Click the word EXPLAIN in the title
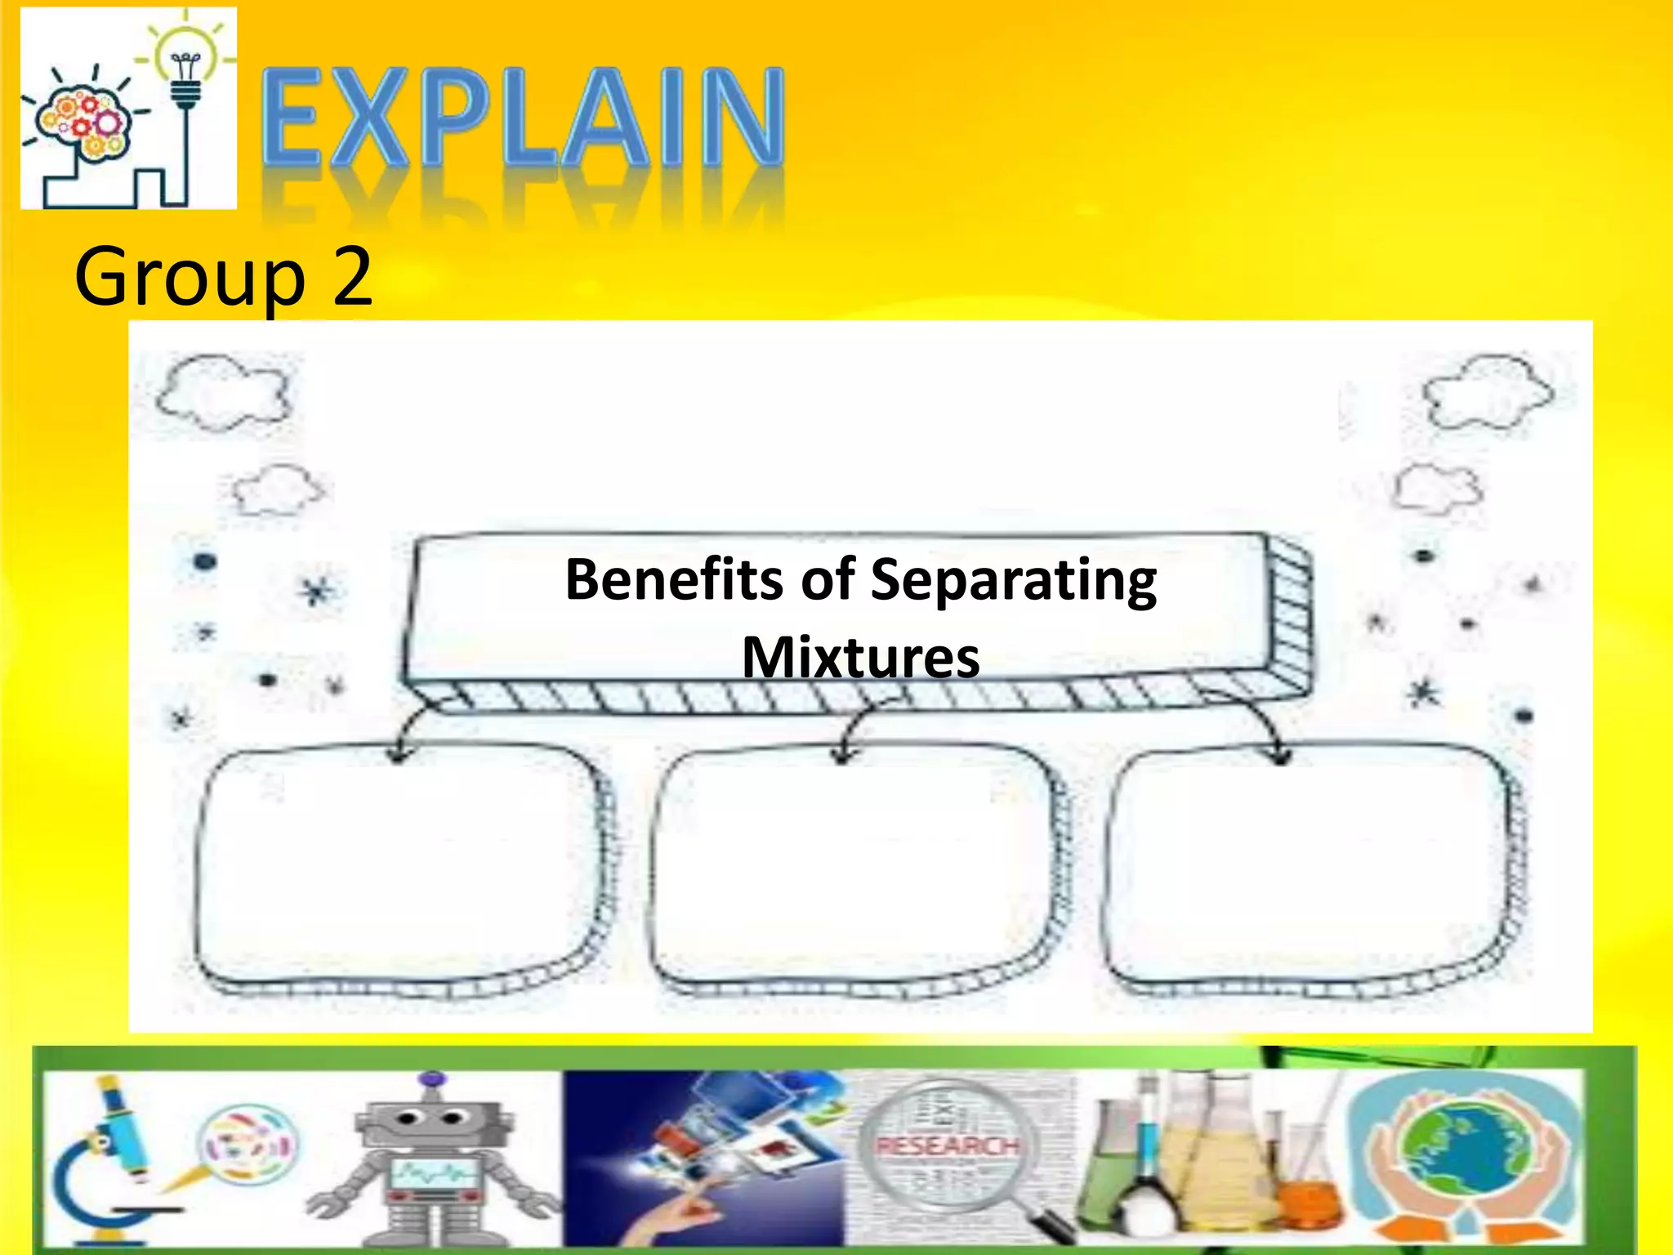click(x=523, y=118)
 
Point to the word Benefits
click(x=675, y=579)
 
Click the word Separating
click(x=1013, y=581)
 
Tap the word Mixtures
click(x=860, y=657)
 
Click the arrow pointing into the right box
click(x=1278, y=748)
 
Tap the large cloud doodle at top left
click(x=222, y=392)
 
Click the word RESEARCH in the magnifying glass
click(x=948, y=1146)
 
